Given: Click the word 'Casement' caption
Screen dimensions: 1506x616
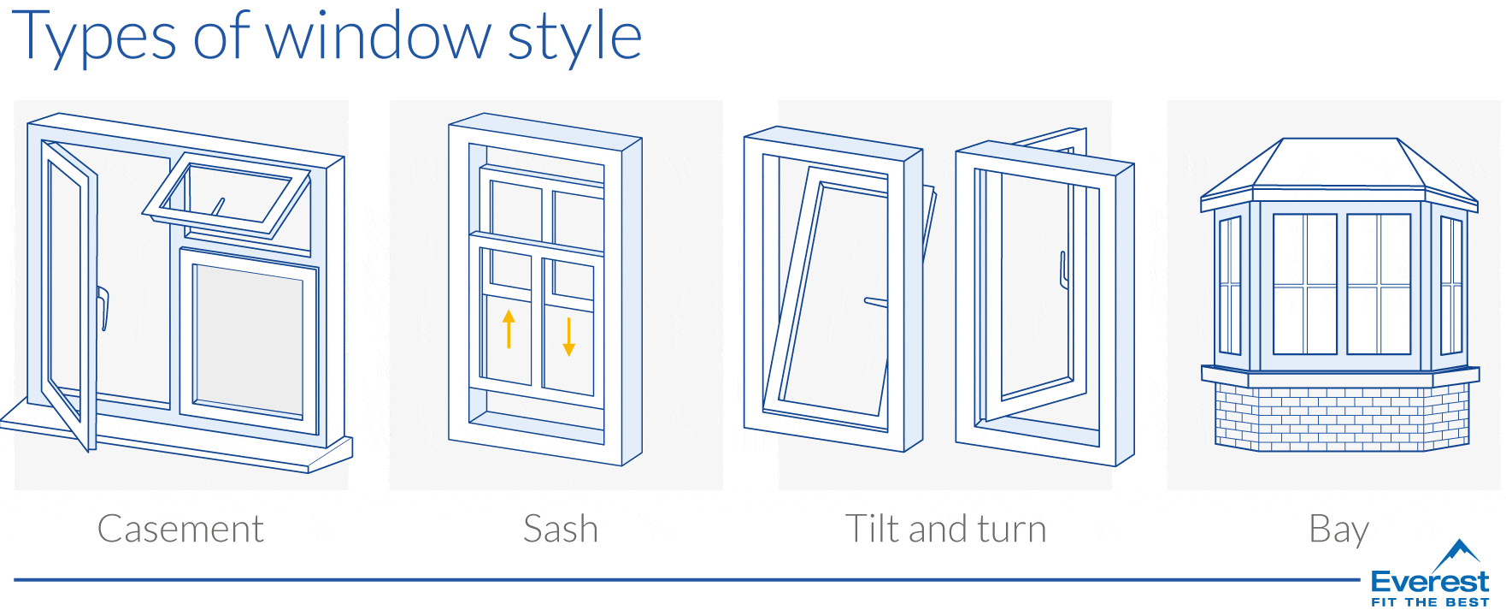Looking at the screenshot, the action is click(x=180, y=529).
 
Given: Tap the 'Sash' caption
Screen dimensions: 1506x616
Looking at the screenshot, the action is click(x=561, y=529).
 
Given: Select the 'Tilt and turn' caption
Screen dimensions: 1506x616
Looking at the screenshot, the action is click(x=945, y=529).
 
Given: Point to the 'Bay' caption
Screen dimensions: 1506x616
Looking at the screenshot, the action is click(x=1338, y=530).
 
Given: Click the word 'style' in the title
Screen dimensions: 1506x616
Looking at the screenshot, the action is click(x=574, y=38).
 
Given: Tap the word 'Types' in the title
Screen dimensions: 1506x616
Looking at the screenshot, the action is click(x=94, y=38).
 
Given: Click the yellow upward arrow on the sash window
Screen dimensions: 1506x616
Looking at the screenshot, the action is click(x=509, y=329).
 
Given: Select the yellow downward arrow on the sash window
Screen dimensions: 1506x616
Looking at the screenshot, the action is click(x=569, y=337).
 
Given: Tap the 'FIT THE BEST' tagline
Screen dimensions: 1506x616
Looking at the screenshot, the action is click(x=1430, y=602).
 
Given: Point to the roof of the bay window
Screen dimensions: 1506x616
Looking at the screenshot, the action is click(x=1339, y=167).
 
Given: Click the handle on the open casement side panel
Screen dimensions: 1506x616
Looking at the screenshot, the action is click(x=103, y=308).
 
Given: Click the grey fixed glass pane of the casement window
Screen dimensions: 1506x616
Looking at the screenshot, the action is click(x=248, y=338).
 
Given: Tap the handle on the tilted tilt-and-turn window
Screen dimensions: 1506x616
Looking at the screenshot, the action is click(x=876, y=301).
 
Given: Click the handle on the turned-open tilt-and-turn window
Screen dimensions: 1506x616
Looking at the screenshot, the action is click(x=1063, y=269).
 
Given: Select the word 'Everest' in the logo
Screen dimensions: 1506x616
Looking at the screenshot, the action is click(x=1429, y=583).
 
